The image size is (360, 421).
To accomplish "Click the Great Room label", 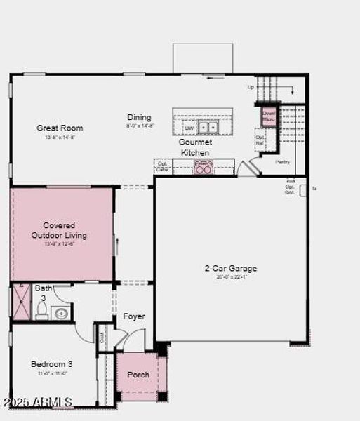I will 60,128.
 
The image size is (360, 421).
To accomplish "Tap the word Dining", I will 139,117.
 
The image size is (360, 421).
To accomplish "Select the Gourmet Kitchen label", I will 194,147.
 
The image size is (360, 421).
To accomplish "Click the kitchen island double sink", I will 207,128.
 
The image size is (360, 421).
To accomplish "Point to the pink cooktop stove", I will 204,167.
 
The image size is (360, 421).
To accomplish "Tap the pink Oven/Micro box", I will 269,116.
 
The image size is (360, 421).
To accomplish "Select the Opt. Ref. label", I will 260,140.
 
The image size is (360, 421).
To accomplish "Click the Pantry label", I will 282,162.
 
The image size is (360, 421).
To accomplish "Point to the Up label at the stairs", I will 251,88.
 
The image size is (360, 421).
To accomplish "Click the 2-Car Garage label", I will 230,268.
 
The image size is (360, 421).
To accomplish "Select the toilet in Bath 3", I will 42,310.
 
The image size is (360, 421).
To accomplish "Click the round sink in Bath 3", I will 61,313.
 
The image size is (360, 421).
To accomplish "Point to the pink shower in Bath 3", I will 21,303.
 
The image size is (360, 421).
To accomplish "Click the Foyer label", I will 134,316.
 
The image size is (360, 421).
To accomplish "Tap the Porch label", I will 138,375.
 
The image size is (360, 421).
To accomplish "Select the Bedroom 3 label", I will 51,364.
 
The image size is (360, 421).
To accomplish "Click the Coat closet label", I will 102,336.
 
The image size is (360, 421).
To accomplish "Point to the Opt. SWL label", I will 290,189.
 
